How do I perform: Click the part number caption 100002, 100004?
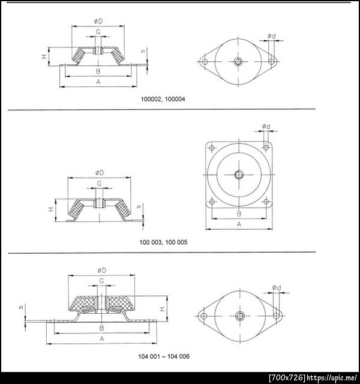[163, 99]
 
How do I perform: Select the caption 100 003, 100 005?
[163, 242]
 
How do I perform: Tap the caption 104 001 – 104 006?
[164, 356]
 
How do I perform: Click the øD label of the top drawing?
[98, 22]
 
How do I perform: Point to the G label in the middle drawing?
[100, 183]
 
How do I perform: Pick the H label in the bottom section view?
[163, 309]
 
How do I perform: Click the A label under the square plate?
[239, 224]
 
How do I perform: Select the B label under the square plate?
[239, 214]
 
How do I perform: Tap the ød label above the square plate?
[266, 127]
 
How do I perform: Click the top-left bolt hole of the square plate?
[212, 148]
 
